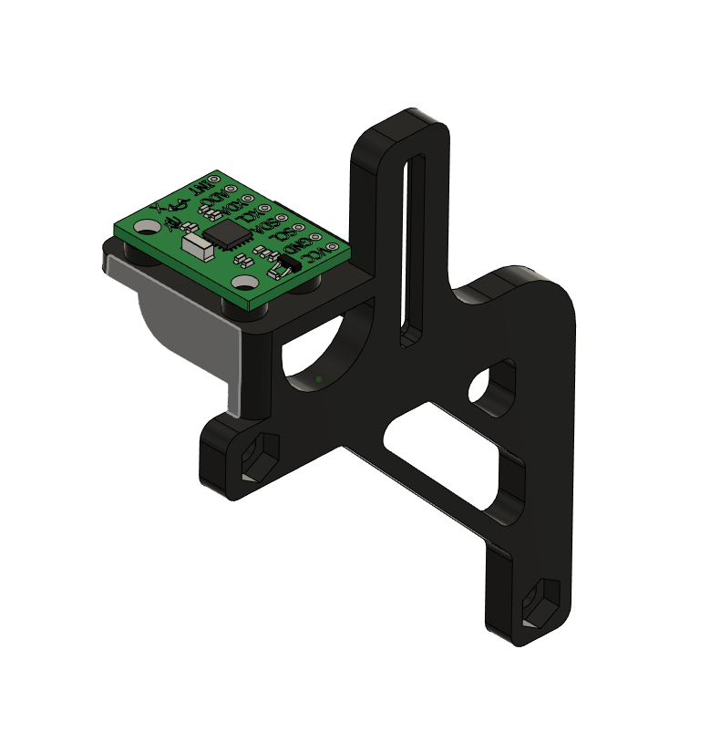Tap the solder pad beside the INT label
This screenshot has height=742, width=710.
[215, 179]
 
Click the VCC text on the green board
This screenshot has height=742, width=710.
[316, 254]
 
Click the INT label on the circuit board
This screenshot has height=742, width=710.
[198, 190]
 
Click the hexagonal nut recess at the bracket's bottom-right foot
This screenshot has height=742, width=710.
[541, 602]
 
